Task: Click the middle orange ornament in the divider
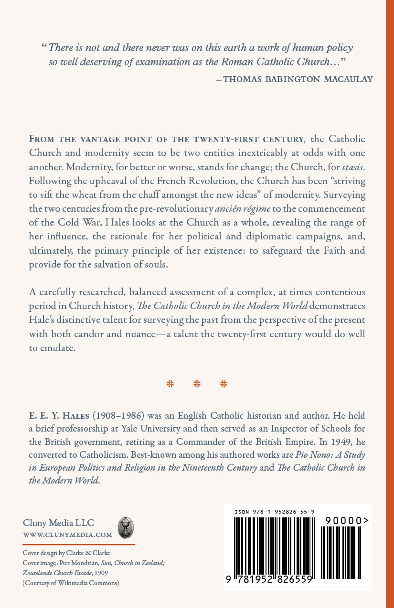pyautogui.click(x=197, y=383)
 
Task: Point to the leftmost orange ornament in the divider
pyautogui.click(x=170, y=383)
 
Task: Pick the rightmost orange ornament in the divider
pyautogui.click(x=224, y=383)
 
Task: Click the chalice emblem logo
pyautogui.click(x=126, y=527)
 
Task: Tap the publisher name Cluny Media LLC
pyautogui.click(x=58, y=523)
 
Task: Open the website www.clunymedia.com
pyautogui.click(x=67, y=535)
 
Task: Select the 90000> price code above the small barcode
pyautogui.click(x=346, y=521)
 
